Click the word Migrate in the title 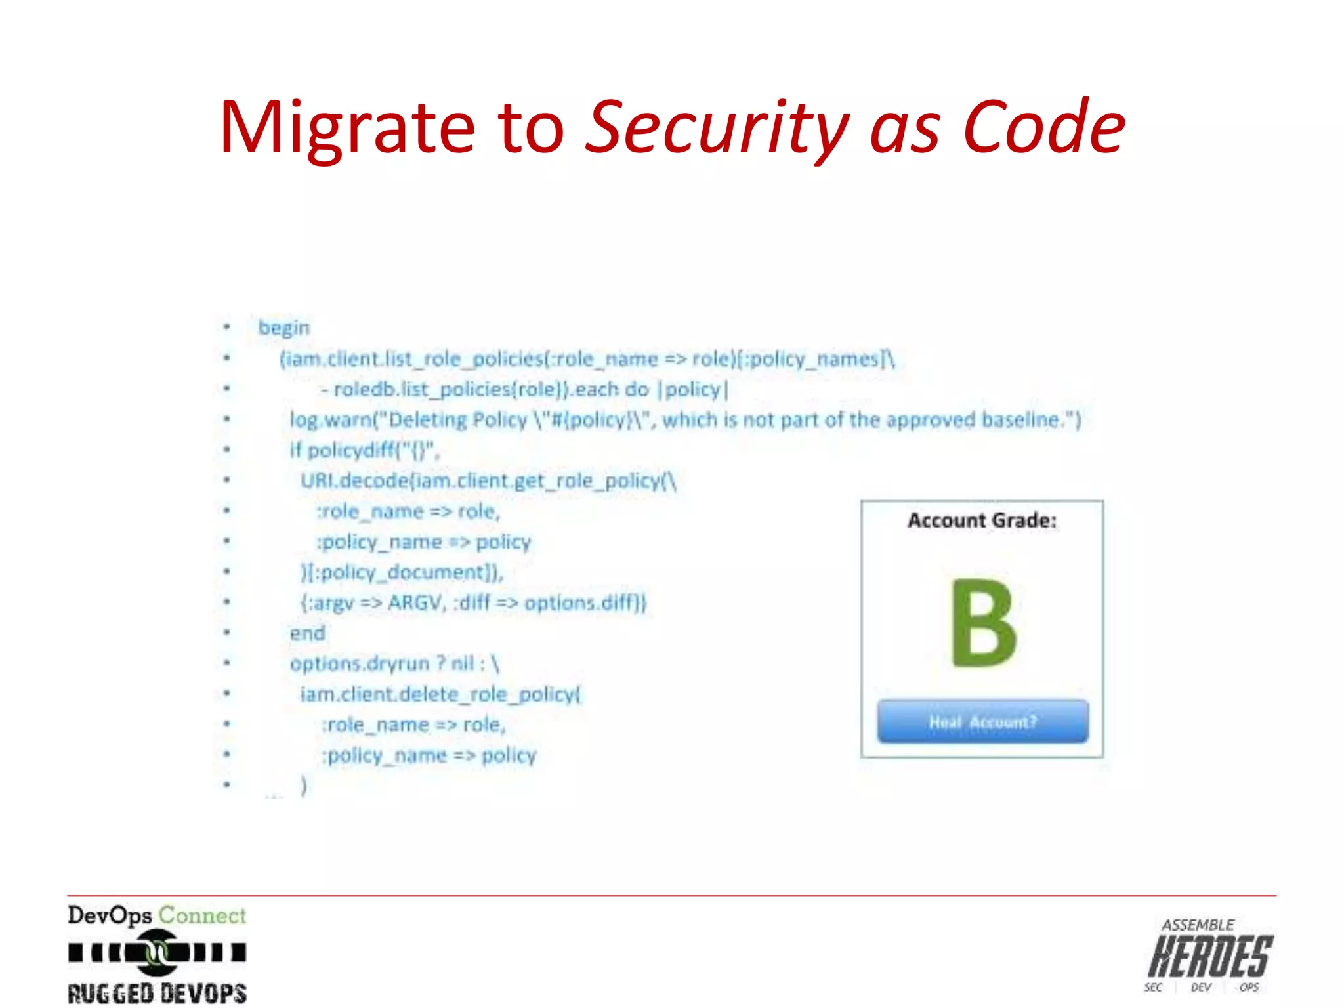coord(346,129)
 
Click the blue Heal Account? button coord(982,722)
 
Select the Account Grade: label coord(982,520)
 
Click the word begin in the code coord(283,327)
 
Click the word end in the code coord(307,633)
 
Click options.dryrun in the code coord(360,663)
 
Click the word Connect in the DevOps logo coord(202,915)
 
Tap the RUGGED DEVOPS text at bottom coord(157,993)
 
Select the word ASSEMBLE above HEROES coord(1198,925)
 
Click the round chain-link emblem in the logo coord(156,952)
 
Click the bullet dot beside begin coord(227,327)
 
